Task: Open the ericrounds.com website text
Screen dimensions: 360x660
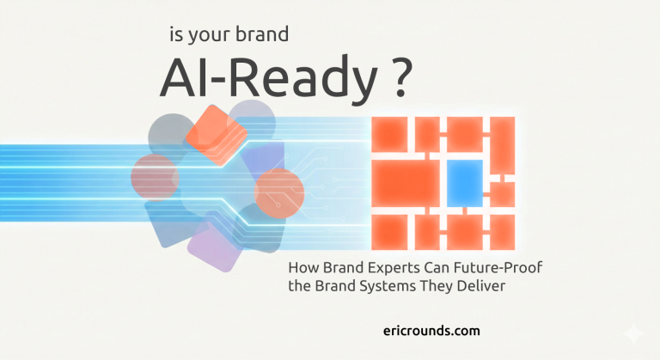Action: click(433, 330)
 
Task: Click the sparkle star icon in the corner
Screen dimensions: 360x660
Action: click(634, 334)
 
